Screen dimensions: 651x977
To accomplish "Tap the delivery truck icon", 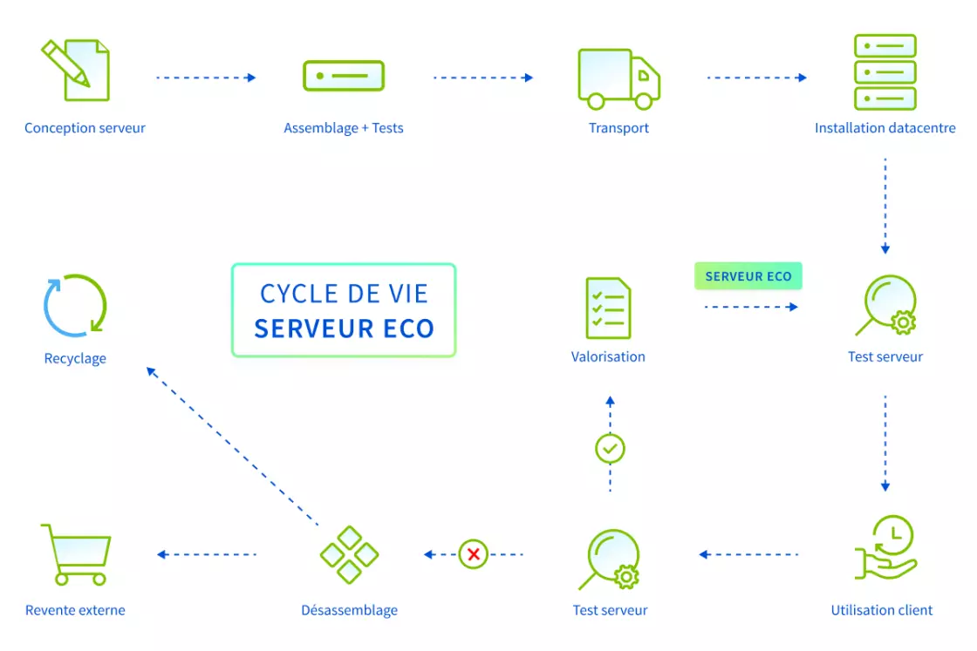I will tap(618, 78).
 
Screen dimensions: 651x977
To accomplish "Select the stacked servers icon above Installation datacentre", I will tap(885, 72).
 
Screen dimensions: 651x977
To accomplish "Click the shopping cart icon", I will tap(75, 554).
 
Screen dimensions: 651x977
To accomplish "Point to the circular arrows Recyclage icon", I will tap(75, 305).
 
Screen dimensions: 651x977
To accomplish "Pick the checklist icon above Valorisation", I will tap(609, 308).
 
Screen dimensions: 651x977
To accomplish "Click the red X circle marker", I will tap(474, 554).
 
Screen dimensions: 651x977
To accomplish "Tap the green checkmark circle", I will tap(610, 450).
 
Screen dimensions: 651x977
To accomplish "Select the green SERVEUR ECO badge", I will tap(748, 276).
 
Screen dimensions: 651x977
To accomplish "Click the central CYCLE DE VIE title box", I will tap(344, 311).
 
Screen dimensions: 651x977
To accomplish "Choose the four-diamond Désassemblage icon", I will tap(349, 554).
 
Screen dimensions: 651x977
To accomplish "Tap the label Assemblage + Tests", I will tap(344, 128).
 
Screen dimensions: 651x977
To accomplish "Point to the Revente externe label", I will tap(75, 610).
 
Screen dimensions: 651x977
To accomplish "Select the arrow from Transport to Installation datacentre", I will tap(756, 78).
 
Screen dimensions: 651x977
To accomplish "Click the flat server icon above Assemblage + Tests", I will tap(344, 76).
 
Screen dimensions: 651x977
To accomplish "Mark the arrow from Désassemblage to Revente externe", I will tap(207, 554).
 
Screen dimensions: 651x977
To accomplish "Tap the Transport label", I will tap(618, 128).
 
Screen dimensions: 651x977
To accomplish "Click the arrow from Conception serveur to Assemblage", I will tap(206, 78).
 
